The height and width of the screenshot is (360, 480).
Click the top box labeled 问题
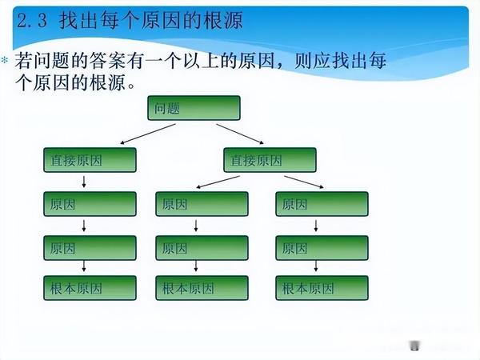click(193, 108)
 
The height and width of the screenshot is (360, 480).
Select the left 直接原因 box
click(89, 160)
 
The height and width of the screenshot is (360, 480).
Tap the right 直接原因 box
click(268, 160)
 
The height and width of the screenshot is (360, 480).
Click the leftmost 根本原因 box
click(89, 288)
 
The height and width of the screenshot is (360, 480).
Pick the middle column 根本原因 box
click(202, 288)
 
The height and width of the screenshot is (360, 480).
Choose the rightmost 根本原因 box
click(322, 288)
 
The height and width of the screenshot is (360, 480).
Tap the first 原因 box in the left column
click(89, 204)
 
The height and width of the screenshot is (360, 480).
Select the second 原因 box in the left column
click(89, 247)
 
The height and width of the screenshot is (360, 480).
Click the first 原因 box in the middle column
click(202, 204)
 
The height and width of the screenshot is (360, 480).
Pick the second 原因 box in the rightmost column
click(322, 248)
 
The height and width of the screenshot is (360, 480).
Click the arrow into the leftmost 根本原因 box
click(84, 267)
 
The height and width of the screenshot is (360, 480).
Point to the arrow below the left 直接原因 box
click(84, 182)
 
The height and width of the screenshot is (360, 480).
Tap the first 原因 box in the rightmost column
click(322, 204)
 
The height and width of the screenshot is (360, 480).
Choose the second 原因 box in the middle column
click(202, 248)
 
